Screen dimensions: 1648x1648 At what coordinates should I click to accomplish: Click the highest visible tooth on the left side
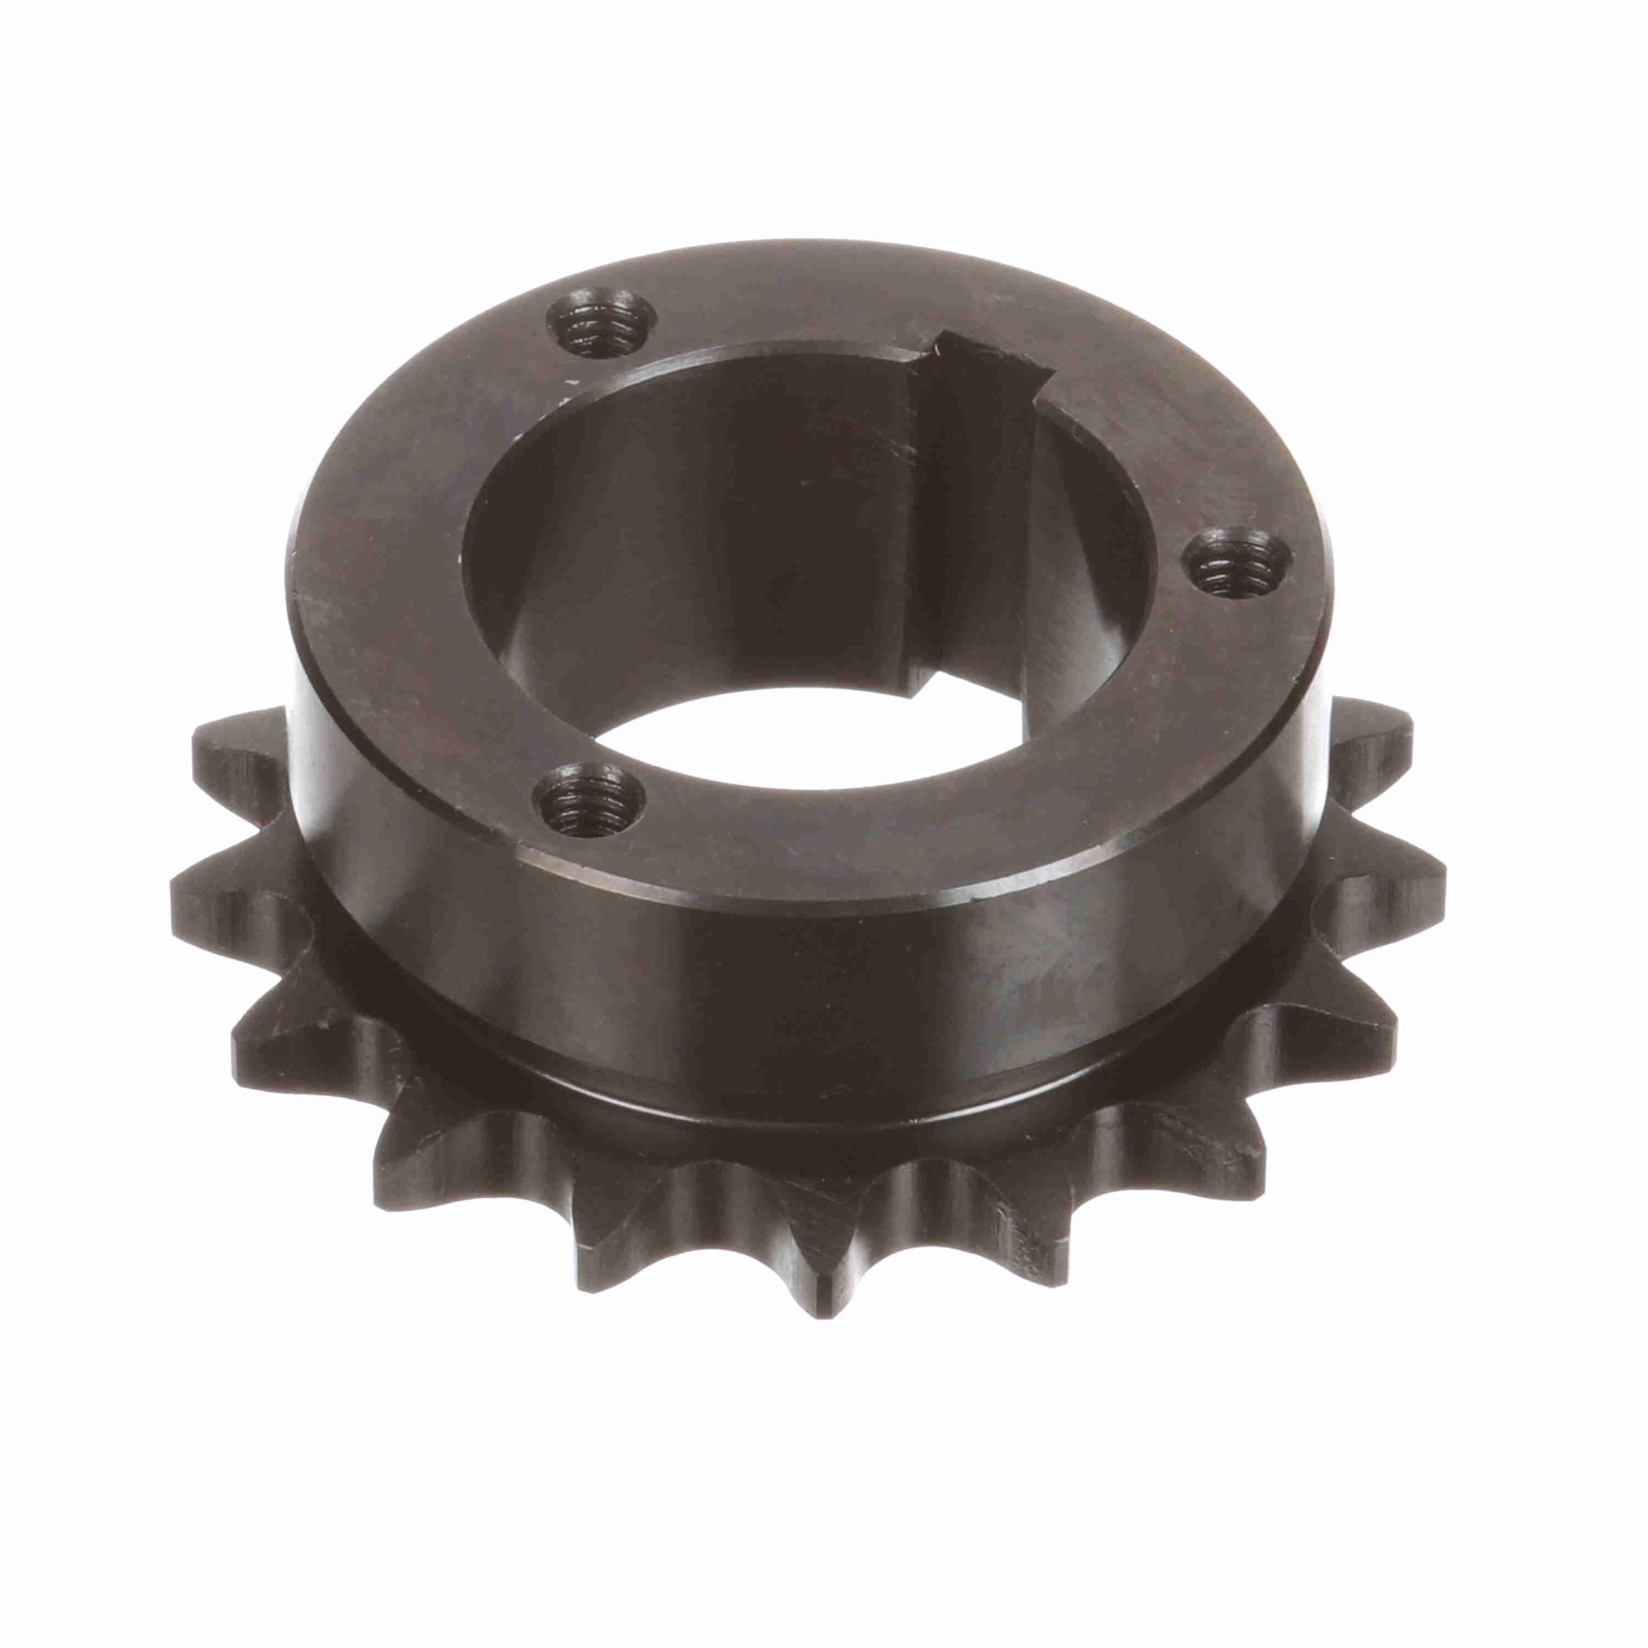[x=239, y=742]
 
